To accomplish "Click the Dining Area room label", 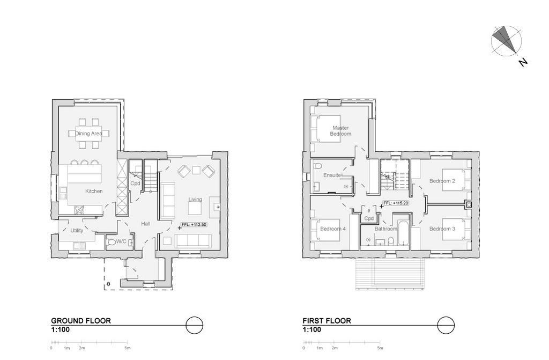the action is (88, 134).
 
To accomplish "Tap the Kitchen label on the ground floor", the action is (94, 191).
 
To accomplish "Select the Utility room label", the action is (77, 230).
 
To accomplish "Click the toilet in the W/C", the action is (112, 242).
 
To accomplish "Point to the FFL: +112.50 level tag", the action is (194, 225).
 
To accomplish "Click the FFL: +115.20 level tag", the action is (396, 203).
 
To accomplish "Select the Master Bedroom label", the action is (340, 131).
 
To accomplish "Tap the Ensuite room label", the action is (332, 175).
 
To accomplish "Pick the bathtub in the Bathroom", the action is (403, 233).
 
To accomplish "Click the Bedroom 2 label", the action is (442, 181).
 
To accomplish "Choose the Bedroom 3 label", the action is (442, 229).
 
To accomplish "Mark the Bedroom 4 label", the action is (333, 229).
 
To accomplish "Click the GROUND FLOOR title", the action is (81, 321).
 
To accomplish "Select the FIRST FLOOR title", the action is (327, 321).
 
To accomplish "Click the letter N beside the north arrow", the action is (523, 62).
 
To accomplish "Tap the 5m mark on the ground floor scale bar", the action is (128, 348).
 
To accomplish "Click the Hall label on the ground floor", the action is (146, 223).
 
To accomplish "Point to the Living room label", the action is (195, 200).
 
